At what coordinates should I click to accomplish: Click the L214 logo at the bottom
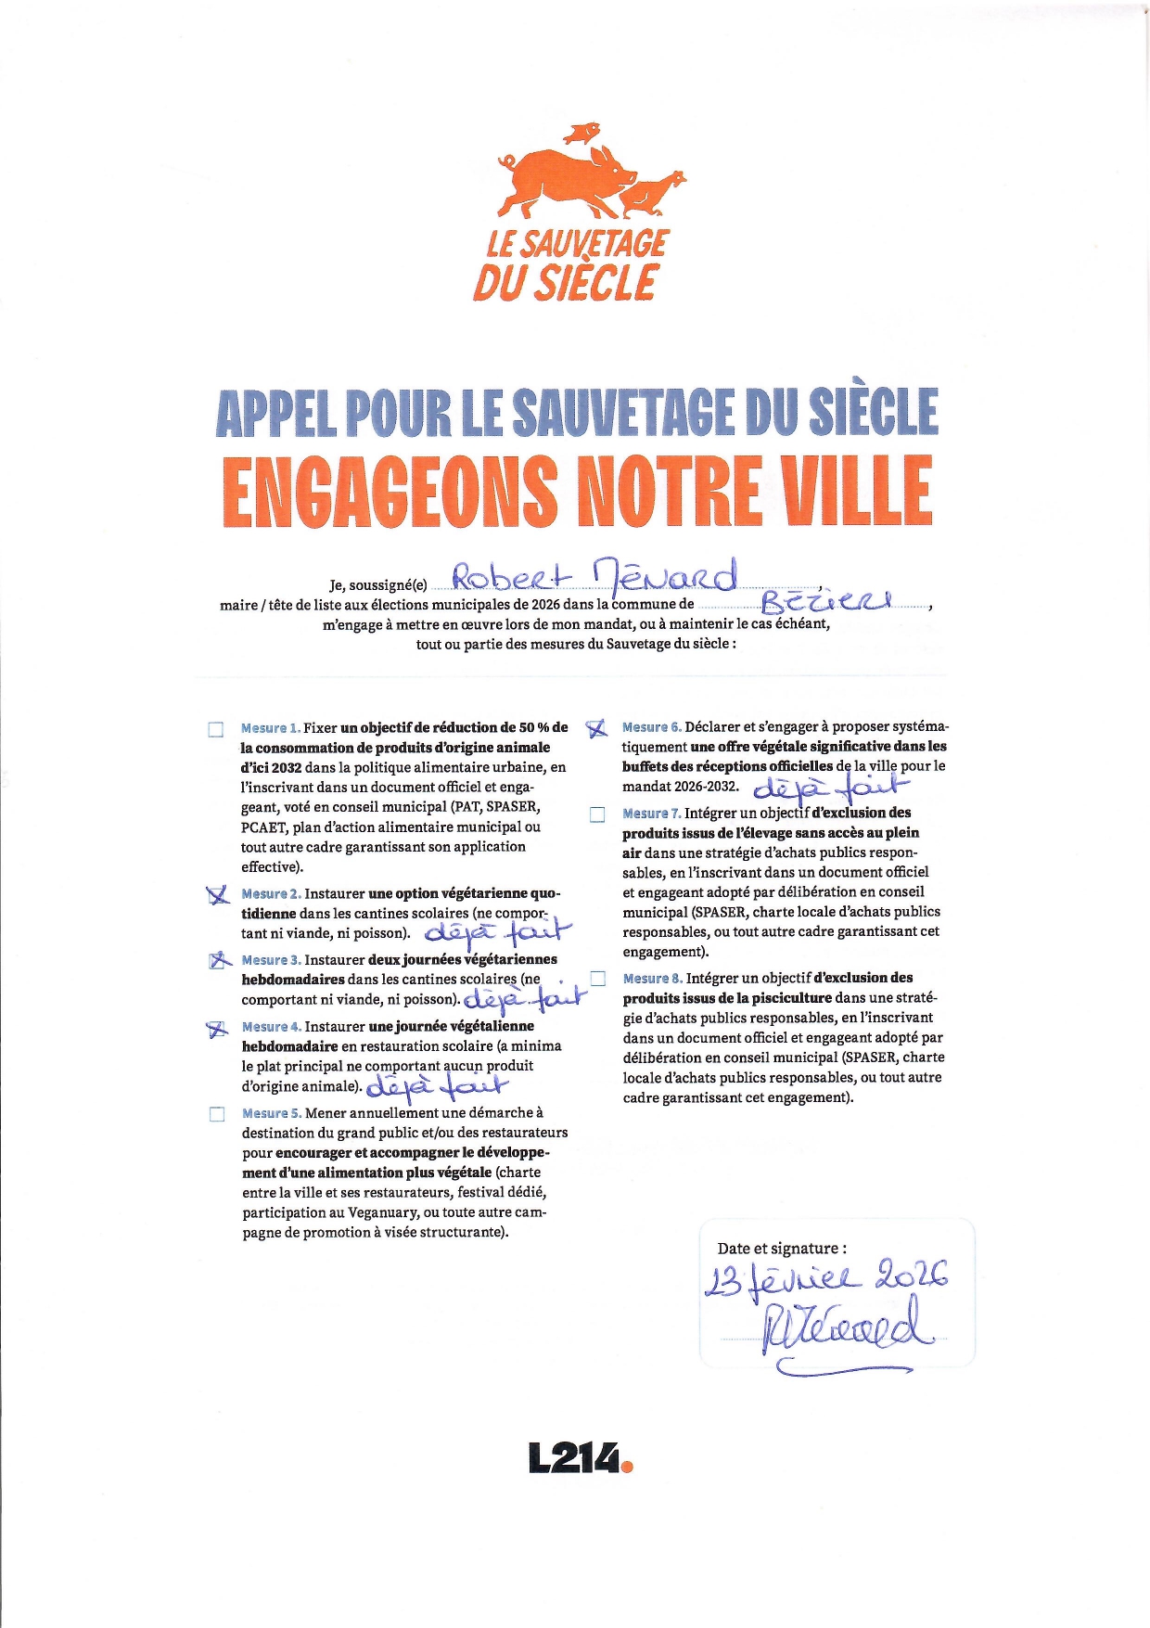(580, 1457)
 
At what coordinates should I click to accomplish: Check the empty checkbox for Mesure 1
(216, 729)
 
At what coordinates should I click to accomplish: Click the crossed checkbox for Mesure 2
(218, 895)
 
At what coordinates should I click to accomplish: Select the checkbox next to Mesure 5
(217, 1114)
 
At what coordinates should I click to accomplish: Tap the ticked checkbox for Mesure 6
(597, 729)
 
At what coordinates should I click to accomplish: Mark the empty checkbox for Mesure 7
(598, 814)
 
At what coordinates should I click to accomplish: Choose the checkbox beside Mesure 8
(598, 979)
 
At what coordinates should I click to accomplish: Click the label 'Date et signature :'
(781, 1249)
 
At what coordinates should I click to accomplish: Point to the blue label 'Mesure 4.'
(271, 1027)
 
